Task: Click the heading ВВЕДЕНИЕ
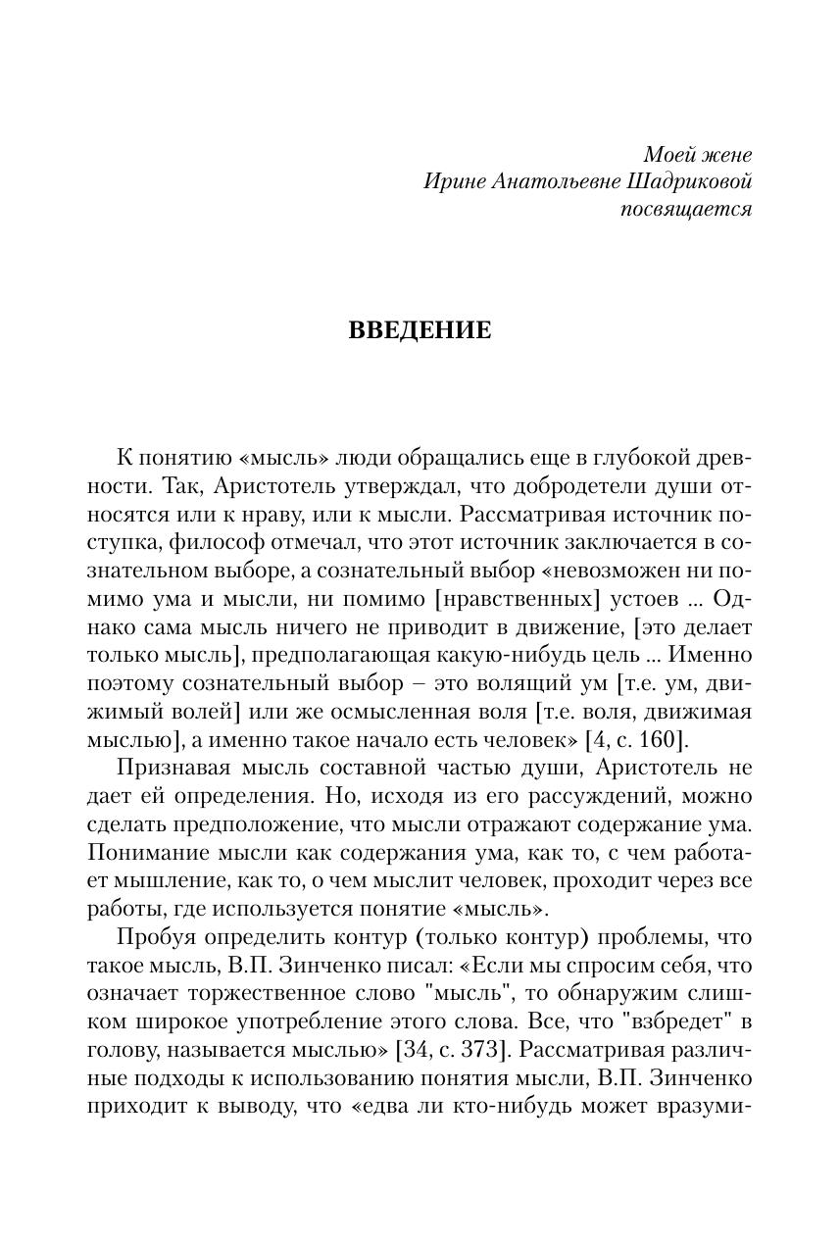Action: tap(420, 331)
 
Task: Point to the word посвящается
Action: tap(687, 210)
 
